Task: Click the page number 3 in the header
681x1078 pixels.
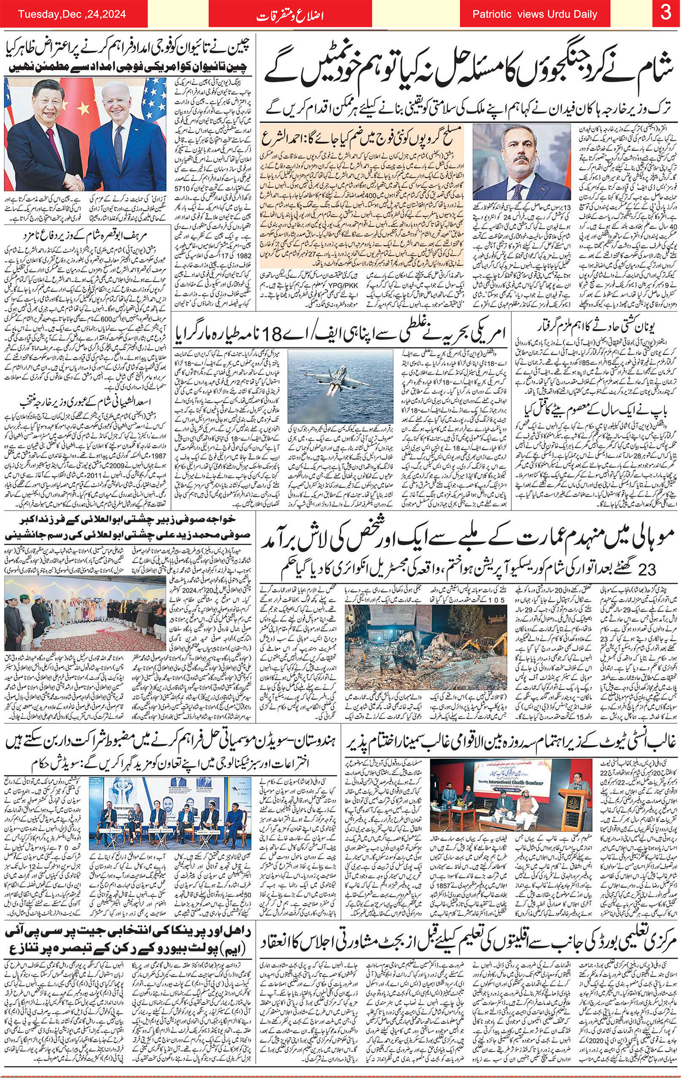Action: click(666, 14)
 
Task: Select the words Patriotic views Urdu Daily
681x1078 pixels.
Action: click(535, 15)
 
